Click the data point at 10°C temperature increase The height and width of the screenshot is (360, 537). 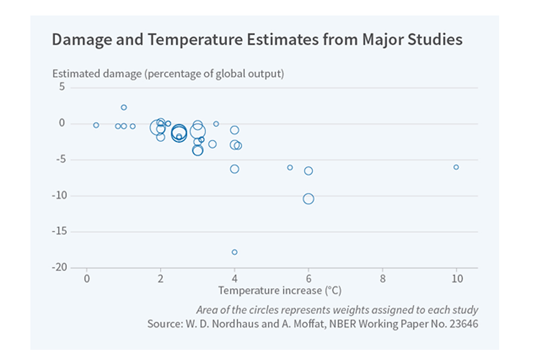(x=456, y=167)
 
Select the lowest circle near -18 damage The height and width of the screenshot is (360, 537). (x=235, y=252)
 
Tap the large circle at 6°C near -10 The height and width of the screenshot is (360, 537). (x=309, y=199)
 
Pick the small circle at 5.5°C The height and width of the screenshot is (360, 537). (x=290, y=168)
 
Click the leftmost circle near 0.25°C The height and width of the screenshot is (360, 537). (x=96, y=125)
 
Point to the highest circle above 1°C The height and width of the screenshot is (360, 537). (x=124, y=107)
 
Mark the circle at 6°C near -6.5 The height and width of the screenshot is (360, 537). (x=309, y=171)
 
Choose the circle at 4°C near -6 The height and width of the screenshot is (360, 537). (x=235, y=169)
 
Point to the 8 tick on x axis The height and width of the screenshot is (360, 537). (x=382, y=279)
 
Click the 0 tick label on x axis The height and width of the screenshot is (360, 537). (x=87, y=279)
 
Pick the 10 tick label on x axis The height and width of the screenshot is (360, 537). (x=456, y=279)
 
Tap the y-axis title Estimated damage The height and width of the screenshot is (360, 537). (x=168, y=73)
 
